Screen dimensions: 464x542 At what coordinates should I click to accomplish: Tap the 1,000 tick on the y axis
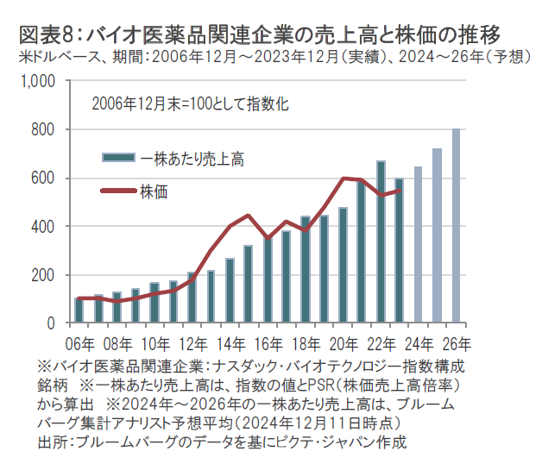click(x=37, y=82)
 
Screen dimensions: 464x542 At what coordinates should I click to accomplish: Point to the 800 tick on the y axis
click(x=42, y=130)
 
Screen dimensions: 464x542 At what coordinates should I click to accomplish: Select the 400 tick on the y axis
click(x=42, y=227)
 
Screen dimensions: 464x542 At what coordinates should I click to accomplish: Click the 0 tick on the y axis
click(x=50, y=323)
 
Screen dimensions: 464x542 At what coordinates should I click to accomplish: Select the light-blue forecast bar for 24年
click(x=419, y=245)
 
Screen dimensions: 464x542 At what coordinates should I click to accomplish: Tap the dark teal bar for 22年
click(x=381, y=242)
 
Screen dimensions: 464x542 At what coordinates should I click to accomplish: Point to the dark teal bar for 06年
click(x=79, y=310)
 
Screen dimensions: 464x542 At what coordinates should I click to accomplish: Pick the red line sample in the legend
click(x=118, y=191)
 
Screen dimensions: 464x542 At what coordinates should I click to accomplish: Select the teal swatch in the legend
click(x=118, y=158)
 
